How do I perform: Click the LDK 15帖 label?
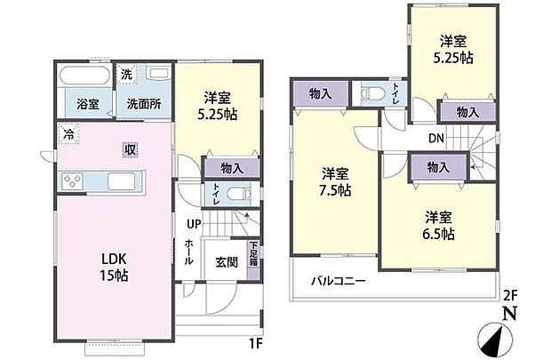(114, 267)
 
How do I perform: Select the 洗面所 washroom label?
(142, 104)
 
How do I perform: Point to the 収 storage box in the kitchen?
(130, 148)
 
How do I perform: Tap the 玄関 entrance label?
(226, 264)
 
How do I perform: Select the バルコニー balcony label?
(338, 282)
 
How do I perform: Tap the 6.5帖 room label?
(439, 226)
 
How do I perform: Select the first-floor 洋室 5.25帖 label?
(217, 105)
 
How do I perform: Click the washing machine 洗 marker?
(127, 74)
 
